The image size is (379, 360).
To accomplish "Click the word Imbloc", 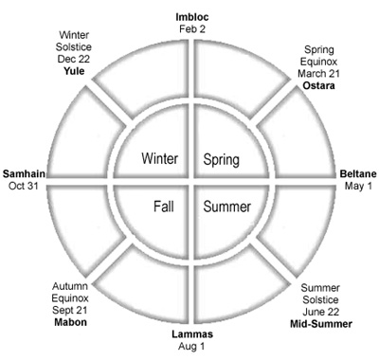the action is (192, 17).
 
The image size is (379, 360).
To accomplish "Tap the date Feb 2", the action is (192, 29).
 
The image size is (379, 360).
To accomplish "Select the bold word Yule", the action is (74, 71).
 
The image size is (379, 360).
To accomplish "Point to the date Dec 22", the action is (74, 59).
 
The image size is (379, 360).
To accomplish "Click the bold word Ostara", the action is (318, 85).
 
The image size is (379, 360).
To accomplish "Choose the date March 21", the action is (318, 73).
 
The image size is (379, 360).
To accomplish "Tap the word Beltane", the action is (358, 174).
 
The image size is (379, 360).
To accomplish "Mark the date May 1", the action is (358, 186).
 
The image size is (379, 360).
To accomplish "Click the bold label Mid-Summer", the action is (321, 324).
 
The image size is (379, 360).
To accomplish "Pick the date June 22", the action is (320, 312).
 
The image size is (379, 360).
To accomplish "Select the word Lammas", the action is (192, 334).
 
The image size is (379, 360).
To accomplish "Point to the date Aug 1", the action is (191, 346).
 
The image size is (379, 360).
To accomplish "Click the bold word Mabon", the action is (70, 322).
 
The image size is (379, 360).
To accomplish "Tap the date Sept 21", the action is (69, 310).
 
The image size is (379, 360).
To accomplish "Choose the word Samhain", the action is (24, 173).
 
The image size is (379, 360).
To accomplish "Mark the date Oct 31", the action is (24, 186).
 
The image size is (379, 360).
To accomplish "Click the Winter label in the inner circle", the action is (159, 158).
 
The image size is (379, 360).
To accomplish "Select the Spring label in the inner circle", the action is (221, 159).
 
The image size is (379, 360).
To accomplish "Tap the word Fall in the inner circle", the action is (164, 207).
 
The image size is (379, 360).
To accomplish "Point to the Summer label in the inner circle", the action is (227, 207).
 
